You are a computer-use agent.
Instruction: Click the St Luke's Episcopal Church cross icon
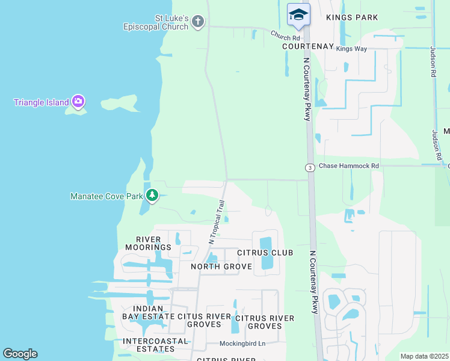(198, 22)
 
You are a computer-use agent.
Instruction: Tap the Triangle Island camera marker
(78, 102)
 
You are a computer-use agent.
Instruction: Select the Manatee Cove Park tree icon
(152, 196)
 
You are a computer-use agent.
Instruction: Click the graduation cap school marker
(298, 14)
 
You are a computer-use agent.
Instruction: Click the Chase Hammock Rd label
(349, 166)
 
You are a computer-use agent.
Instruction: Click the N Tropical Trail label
(217, 221)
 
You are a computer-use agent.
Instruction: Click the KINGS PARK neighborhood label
(352, 17)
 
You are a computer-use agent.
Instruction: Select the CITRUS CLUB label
(265, 253)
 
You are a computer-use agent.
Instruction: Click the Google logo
(20, 354)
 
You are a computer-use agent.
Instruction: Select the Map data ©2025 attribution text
(424, 356)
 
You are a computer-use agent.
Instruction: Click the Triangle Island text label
(42, 102)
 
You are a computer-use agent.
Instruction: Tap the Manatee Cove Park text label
(106, 196)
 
